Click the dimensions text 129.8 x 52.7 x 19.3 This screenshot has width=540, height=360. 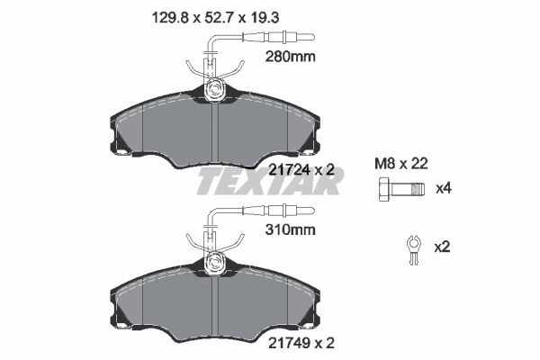click(x=215, y=18)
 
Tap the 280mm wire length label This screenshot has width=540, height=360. click(x=290, y=57)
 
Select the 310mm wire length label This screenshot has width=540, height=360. click(x=290, y=229)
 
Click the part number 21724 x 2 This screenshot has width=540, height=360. click(x=301, y=169)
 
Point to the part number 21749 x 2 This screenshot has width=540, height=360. click(x=301, y=343)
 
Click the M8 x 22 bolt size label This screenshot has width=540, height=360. click(x=400, y=164)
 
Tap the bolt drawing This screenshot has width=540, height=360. click(x=401, y=189)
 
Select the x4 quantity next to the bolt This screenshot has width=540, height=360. click(x=443, y=189)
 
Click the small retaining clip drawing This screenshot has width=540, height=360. click(x=413, y=249)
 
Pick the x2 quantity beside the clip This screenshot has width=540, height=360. click(x=442, y=247)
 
